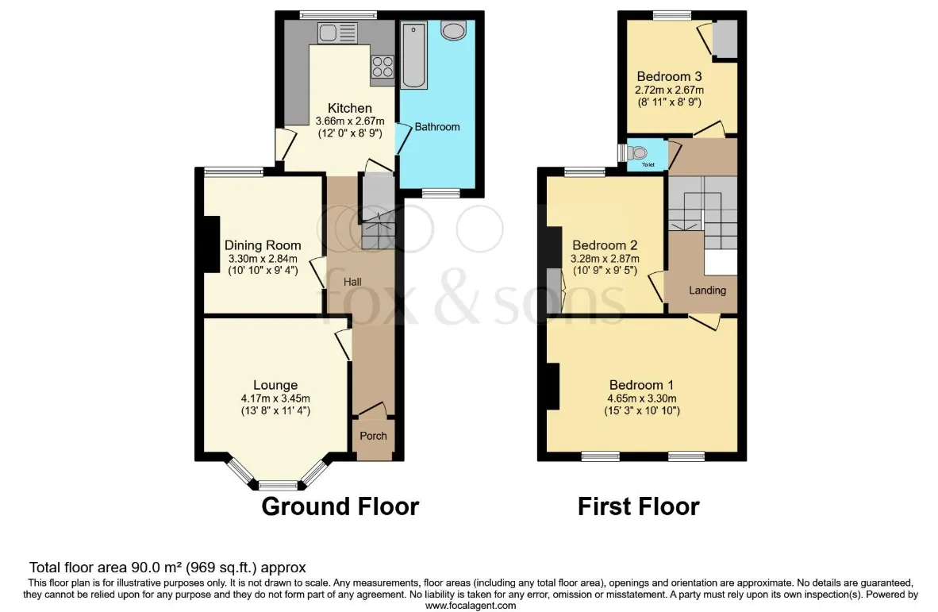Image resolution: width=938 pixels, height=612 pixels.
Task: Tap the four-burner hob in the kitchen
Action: (x=382, y=66)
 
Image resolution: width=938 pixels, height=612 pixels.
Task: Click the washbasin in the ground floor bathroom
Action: (x=453, y=30)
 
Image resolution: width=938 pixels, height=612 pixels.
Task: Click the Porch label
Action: (x=374, y=436)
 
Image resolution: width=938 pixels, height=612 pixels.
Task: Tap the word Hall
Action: (x=354, y=281)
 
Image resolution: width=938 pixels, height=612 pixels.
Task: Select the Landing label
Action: (x=707, y=290)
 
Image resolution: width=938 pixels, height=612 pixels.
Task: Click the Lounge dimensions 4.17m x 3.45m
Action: (x=276, y=398)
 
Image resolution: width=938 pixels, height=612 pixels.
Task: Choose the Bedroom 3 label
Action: (x=669, y=77)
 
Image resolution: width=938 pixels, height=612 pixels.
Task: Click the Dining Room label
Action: (x=263, y=245)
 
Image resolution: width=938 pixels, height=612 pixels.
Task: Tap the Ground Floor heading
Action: (x=340, y=506)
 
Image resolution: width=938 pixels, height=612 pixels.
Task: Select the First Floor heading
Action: (x=638, y=506)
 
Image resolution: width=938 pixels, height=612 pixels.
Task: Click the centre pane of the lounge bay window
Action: (x=277, y=484)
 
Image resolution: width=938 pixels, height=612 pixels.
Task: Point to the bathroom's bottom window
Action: (x=440, y=192)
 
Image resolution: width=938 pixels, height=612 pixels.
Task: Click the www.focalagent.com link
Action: (x=469, y=605)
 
